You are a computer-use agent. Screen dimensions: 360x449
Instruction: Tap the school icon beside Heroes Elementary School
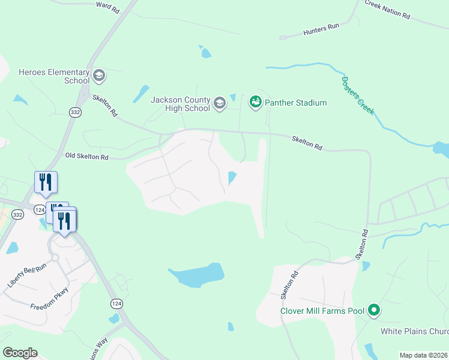pyautogui.click(x=98, y=76)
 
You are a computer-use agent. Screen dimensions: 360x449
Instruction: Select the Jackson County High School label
pyautogui.click(x=180, y=104)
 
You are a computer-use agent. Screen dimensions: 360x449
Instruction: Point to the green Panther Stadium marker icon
pyautogui.click(x=256, y=103)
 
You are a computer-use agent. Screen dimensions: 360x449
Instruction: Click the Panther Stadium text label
pyautogui.click(x=296, y=103)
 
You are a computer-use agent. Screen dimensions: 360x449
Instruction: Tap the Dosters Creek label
pyautogui.click(x=358, y=95)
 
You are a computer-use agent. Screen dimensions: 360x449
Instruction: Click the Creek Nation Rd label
pyautogui.click(x=388, y=8)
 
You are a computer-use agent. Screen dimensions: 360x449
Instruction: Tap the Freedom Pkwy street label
pyautogui.click(x=49, y=299)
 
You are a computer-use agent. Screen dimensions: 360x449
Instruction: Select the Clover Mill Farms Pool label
pyautogui.click(x=322, y=311)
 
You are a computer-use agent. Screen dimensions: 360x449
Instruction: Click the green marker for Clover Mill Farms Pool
pyautogui.click(x=375, y=310)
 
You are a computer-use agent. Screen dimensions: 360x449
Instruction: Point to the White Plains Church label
pyautogui.click(x=415, y=331)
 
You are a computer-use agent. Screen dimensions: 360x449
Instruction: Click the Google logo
pyautogui.click(x=20, y=353)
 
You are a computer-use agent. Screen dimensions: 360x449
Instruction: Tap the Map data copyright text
pyautogui.click(x=424, y=355)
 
